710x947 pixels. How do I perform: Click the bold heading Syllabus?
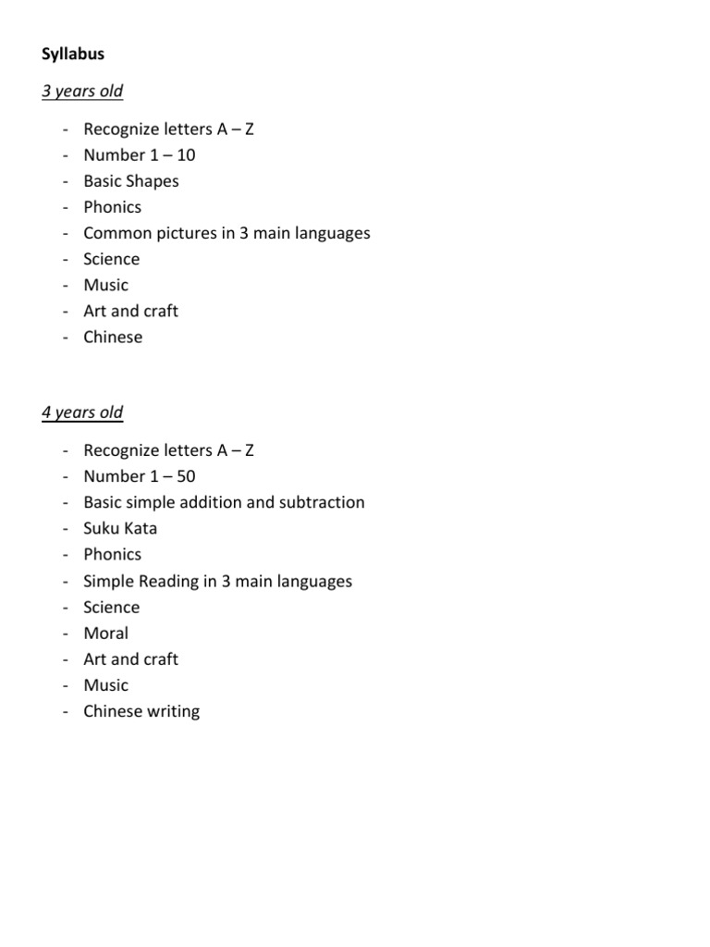pyautogui.click(x=73, y=55)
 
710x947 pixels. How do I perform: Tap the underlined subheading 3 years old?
pyautogui.click(x=82, y=92)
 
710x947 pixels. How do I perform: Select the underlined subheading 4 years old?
pyautogui.click(x=82, y=412)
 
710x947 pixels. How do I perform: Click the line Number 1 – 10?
pyautogui.click(x=139, y=155)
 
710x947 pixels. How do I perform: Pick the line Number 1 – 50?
pyautogui.click(x=139, y=476)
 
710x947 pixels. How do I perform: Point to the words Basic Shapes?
pyautogui.click(x=131, y=181)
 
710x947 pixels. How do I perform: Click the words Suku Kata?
pyautogui.click(x=120, y=528)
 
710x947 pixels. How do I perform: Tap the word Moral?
pyautogui.click(x=105, y=633)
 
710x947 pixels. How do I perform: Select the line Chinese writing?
pyautogui.click(x=141, y=711)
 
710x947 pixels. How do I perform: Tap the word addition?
pyautogui.click(x=241, y=502)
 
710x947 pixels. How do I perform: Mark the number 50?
pyautogui.click(x=185, y=476)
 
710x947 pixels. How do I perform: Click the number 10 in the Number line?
pyautogui.click(x=185, y=155)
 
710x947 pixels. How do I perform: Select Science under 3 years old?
pyautogui.click(x=111, y=259)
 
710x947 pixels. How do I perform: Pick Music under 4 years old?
pyautogui.click(x=105, y=685)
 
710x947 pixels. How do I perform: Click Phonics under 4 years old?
pyautogui.click(x=112, y=554)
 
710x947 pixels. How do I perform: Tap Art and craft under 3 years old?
pyautogui.click(x=130, y=311)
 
